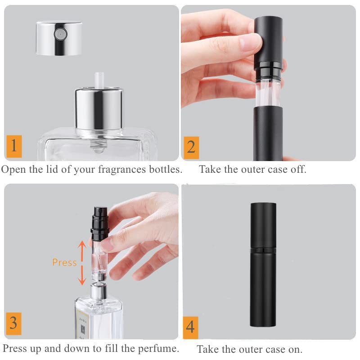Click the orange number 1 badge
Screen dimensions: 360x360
[x=14, y=146]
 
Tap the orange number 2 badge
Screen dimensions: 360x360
[x=191, y=148]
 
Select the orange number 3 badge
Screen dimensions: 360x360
[x=13, y=324]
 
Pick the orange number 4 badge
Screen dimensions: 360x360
[x=190, y=328]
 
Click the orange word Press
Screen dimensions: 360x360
[x=64, y=262]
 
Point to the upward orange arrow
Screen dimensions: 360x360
[x=82, y=250]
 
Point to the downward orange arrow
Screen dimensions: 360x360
[x=82, y=275]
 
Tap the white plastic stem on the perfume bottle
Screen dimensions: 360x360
[x=99, y=80]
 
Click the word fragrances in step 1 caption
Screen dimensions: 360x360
[x=121, y=170]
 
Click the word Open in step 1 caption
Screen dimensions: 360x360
[x=13, y=170]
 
